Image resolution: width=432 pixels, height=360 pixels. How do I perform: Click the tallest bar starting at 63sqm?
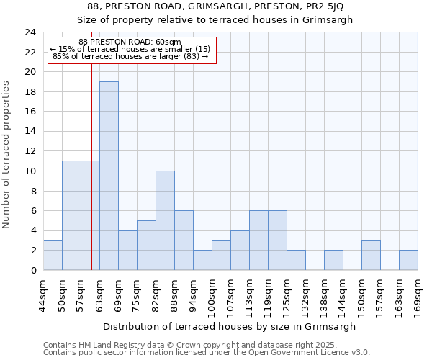[109, 176]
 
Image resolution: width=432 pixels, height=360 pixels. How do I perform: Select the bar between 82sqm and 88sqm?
[165, 220]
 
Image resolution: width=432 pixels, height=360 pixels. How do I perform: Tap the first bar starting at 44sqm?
[53, 255]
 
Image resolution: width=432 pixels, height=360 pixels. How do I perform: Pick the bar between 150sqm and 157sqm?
[371, 255]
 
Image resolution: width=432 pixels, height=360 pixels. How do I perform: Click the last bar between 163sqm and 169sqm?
[408, 260]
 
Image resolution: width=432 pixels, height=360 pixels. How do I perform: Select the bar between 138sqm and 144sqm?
[333, 260]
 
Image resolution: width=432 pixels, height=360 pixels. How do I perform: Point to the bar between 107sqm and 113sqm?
[240, 250]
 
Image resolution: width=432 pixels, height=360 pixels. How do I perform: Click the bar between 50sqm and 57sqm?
[71, 215]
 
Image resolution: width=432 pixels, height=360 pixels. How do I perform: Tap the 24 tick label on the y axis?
[30, 32]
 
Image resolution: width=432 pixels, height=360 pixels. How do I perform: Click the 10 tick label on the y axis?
[30, 171]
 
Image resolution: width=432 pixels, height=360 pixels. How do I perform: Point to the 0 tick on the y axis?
[32, 270]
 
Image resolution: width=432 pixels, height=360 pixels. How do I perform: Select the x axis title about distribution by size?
[230, 326]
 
